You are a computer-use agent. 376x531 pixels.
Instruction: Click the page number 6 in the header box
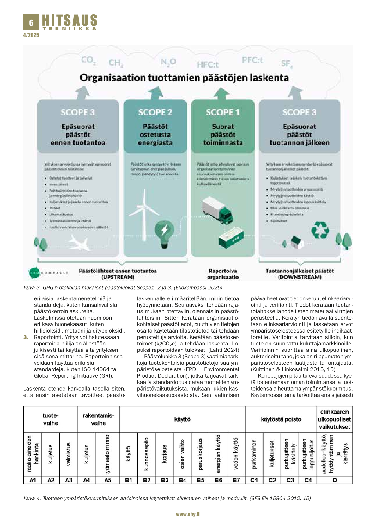[31, 22]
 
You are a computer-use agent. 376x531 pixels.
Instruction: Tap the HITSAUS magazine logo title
[70, 21]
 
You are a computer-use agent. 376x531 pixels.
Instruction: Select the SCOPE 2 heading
[155, 112]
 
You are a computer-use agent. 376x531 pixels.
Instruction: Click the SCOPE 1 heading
[223, 112]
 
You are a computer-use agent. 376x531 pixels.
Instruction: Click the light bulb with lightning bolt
[164, 233]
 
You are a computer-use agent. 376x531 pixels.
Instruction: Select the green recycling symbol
[320, 230]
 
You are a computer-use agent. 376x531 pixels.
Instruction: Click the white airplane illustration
[78, 243]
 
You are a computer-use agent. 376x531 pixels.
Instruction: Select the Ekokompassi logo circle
[33, 272]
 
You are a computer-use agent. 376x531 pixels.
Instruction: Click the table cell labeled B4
[183, 480]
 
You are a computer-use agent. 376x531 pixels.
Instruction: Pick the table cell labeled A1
[33, 480]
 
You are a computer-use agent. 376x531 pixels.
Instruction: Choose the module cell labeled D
[335, 480]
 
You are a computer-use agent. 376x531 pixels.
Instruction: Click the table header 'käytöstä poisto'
[281, 419]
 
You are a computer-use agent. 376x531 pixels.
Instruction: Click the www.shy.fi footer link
[188, 514]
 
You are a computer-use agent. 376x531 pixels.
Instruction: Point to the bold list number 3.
[26, 337]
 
